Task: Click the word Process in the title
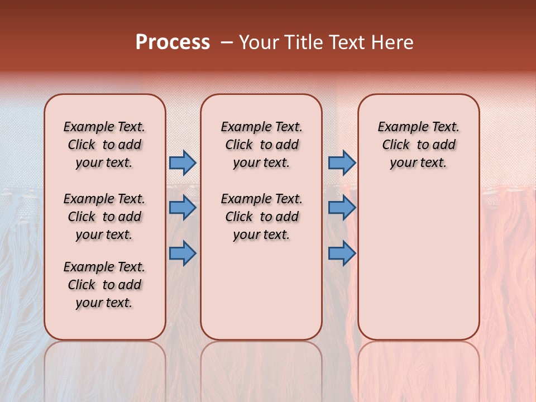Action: coord(173,42)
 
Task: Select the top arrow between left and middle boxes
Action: coord(183,163)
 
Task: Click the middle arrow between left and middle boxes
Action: coord(183,208)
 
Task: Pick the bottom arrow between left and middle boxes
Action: coord(183,253)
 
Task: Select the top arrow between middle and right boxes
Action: coord(342,163)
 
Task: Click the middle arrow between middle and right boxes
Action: coord(342,208)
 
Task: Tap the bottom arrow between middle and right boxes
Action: coord(342,253)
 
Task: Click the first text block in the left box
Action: coord(104,145)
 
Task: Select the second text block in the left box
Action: coord(104,217)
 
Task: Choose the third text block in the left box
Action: coord(104,285)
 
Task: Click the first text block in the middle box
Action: coord(261,145)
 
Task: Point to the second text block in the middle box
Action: coord(261,217)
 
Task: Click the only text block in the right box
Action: coord(418,145)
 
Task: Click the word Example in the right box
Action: coord(398,127)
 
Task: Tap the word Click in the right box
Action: coord(396,145)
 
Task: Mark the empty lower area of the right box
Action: coord(418,257)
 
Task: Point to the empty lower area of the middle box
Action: coord(261,290)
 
